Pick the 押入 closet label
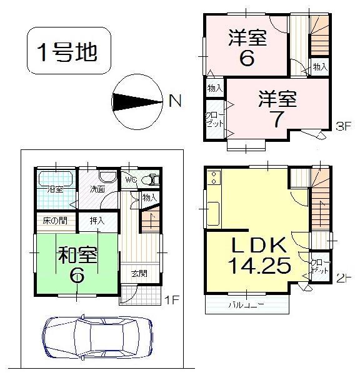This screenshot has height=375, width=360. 97,221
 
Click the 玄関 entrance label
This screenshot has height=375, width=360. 140,273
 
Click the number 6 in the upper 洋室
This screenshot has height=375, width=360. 247,59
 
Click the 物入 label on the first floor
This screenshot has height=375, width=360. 149,197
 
